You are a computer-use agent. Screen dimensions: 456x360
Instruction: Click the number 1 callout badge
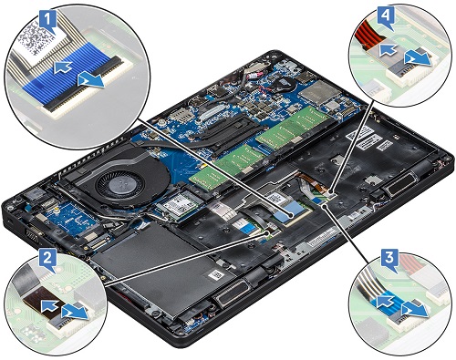tap(48, 20)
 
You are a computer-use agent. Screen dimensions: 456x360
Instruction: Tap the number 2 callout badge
tap(47, 260)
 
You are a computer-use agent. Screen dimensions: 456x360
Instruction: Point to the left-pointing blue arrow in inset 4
tap(388, 50)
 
